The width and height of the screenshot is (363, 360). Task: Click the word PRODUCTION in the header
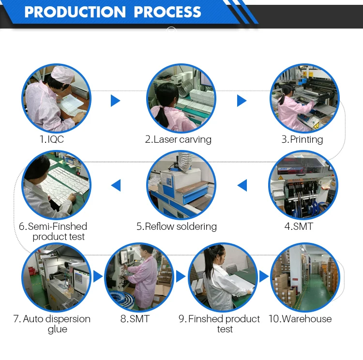75,12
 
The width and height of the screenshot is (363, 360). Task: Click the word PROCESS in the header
167,12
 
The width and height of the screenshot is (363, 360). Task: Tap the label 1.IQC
52,139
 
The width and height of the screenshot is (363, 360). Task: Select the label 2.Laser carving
178,140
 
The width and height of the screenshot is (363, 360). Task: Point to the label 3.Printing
302,140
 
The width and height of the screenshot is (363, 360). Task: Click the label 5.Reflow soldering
177,226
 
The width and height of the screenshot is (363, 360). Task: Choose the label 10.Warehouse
300,319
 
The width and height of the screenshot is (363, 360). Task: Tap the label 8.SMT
135,319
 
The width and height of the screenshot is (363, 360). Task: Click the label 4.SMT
299,226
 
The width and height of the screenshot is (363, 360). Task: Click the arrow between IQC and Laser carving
115,101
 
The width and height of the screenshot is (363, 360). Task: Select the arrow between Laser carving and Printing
242,101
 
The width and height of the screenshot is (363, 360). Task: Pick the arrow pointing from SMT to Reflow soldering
242,185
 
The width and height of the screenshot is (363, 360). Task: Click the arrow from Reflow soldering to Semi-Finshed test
116,185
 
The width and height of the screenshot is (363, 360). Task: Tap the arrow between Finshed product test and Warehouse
264,276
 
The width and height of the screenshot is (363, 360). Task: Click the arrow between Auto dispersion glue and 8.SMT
98,276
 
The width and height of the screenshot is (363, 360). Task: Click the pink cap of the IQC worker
62,74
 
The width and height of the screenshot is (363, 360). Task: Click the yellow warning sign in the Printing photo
316,125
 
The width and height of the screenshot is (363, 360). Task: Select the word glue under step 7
58,330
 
